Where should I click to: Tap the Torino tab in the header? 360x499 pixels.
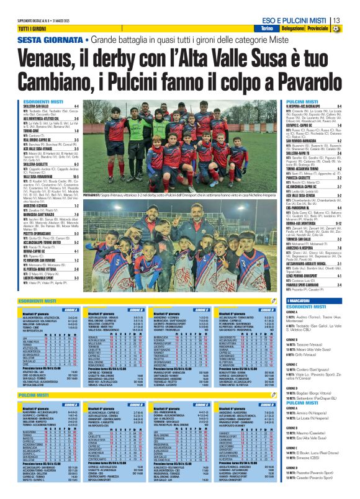[x=267, y=29]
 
